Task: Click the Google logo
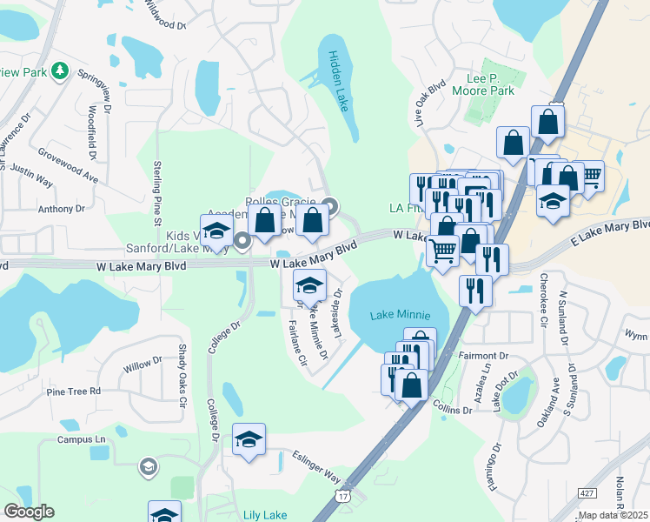point(30,511)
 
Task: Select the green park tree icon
point(60,70)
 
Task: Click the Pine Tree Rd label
point(74,391)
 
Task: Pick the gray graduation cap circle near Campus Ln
point(148,468)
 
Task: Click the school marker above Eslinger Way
point(249,439)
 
